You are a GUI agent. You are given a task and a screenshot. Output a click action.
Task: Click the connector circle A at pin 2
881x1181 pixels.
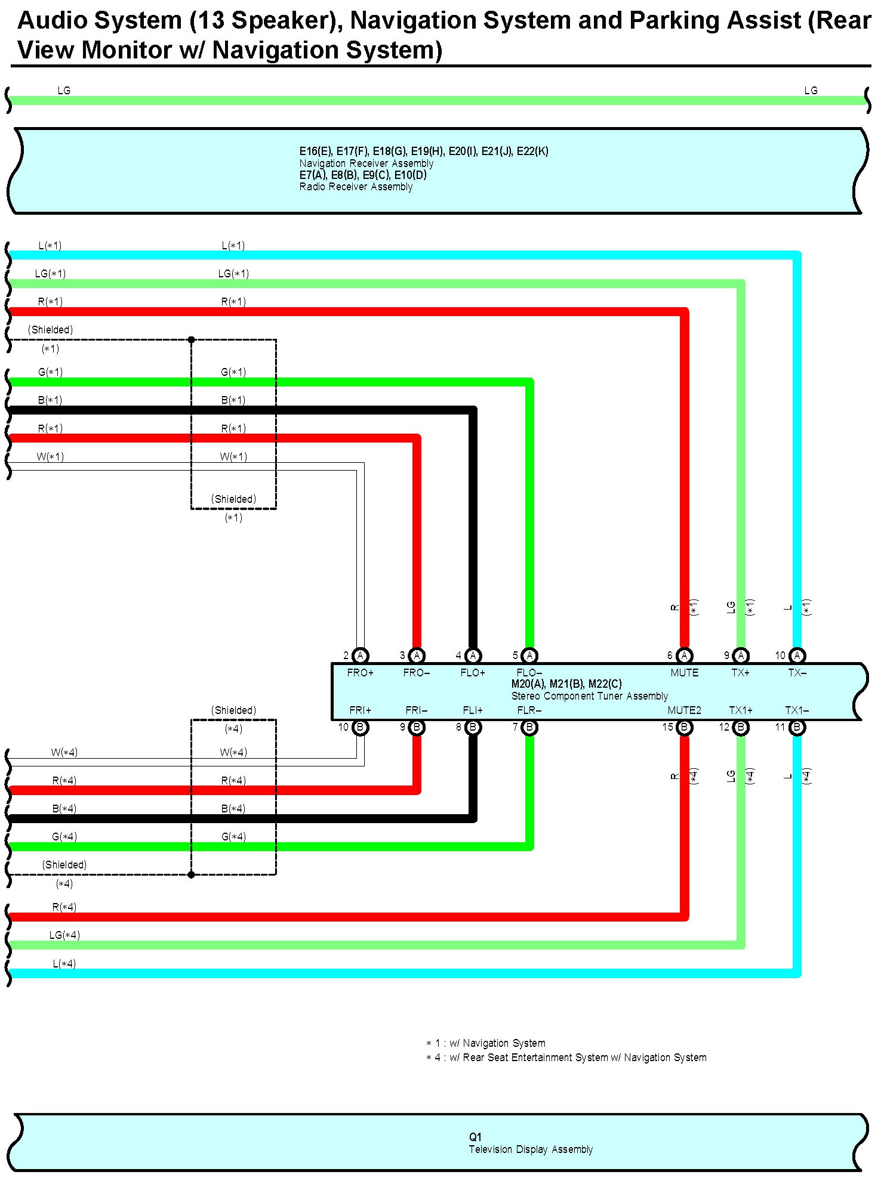(x=360, y=656)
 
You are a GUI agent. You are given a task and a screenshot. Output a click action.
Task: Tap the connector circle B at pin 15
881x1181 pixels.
(x=684, y=727)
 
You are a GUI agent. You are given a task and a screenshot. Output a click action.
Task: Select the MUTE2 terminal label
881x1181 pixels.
(x=684, y=710)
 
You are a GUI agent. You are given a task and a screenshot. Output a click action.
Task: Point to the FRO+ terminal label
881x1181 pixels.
(x=360, y=672)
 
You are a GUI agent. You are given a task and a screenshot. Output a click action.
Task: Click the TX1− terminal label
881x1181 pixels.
(x=797, y=710)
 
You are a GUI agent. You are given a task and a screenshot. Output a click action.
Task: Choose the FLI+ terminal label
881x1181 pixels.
(x=473, y=710)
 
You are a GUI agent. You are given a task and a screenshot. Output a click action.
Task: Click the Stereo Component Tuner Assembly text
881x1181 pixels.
(x=589, y=696)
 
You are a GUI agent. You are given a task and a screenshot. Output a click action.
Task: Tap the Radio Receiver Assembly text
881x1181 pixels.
(x=356, y=187)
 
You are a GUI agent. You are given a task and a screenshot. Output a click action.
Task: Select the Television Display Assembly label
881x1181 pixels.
(x=531, y=1149)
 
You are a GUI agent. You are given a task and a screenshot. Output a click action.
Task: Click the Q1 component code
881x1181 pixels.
(x=475, y=1137)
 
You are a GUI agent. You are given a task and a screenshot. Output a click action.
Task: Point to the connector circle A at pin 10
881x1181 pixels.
(x=797, y=656)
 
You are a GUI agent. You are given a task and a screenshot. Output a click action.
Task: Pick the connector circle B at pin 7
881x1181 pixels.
(x=529, y=727)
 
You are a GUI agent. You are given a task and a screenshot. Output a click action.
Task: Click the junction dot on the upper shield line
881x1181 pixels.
(x=192, y=340)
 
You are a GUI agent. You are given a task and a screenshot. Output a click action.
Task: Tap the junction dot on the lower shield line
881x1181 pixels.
(x=192, y=875)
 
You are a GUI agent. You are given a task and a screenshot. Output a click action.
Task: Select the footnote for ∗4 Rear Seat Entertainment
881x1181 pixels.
(x=566, y=1058)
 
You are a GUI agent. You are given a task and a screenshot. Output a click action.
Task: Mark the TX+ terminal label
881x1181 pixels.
(x=740, y=672)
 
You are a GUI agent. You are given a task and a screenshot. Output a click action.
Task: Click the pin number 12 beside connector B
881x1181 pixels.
(x=725, y=727)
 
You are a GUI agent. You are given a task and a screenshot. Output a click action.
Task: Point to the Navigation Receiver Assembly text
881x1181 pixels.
(x=366, y=163)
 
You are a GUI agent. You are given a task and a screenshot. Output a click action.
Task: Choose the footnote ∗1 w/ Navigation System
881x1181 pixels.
(x=485, y=1043)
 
